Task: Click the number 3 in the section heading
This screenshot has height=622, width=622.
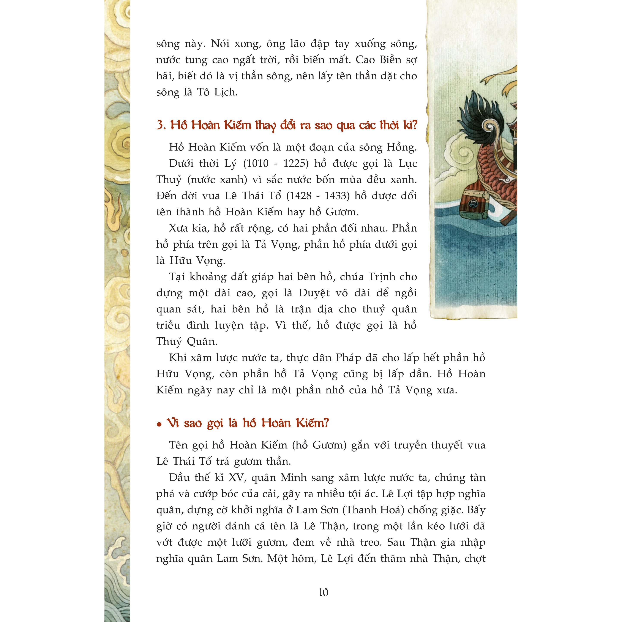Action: coord(160,125)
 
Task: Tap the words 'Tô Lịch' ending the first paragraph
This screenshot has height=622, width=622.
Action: coord(217,92)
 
